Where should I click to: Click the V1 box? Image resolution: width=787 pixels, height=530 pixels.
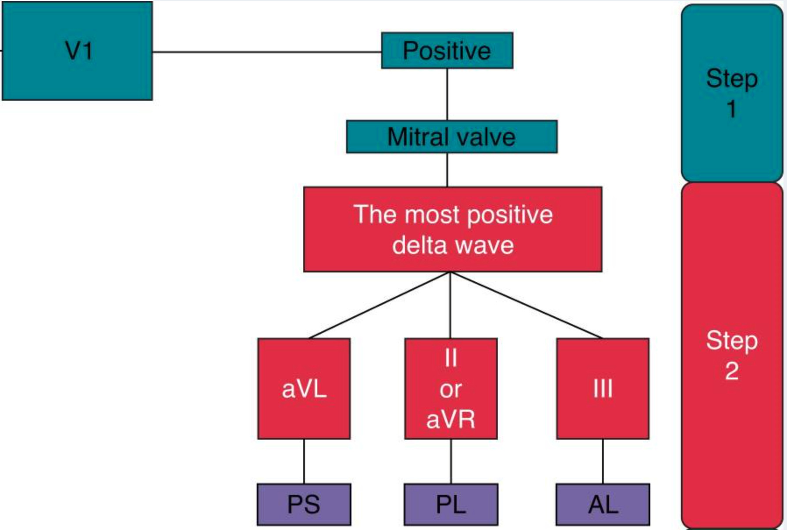(78, 51)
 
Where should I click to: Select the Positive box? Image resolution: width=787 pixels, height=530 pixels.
(447, 50)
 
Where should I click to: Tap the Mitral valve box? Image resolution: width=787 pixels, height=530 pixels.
(451, 137)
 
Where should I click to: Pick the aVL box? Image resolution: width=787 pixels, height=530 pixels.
(304, 389)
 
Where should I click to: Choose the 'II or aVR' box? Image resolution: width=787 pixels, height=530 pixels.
(451, 389)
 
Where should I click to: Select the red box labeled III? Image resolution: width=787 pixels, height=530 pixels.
(603, 389)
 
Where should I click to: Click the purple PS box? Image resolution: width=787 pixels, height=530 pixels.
(304, 504)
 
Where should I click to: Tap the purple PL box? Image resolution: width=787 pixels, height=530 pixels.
(451, 504)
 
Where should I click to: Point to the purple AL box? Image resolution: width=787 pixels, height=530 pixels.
(603, 504)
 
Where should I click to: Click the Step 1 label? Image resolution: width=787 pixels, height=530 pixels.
(732, 93)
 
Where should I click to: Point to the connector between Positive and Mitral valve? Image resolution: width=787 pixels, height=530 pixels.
(447, 94)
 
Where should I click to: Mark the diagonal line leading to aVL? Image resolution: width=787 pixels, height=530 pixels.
(379, 305)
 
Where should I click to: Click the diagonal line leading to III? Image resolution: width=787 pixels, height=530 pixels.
(526, 305)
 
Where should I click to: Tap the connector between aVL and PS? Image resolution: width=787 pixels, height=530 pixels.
(304, 461)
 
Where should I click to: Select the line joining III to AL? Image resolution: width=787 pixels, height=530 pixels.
(603, 461)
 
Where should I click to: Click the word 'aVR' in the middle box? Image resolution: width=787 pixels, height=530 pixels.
(451, 419)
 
